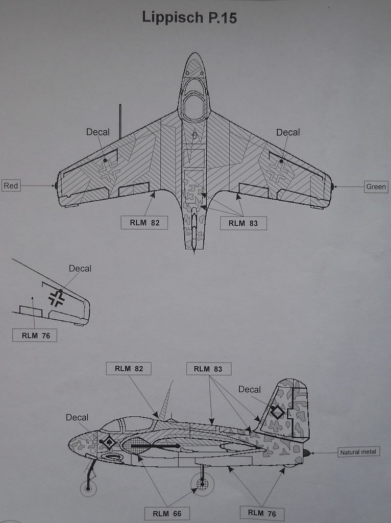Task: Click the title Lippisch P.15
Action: (x=189, y=18)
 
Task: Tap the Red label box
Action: (x=11, y=186)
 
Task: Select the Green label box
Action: (x=376, y=186)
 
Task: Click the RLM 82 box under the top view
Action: (x=144, y=223)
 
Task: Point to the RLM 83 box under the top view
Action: (x=243, y=223)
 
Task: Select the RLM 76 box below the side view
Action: (x=262, y=512)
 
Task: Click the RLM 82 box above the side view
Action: (x=129, y=368)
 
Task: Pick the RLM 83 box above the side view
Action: (x=208, y=368)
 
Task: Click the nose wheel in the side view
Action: (x=88, y=489)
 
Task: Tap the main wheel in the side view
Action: (x=202, y=483)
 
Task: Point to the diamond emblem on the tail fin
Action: (x=277, y=412)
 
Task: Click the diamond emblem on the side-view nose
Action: (x=109, y=442)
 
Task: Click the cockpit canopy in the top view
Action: (x=194, y=105)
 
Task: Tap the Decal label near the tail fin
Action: (x=249, y=390)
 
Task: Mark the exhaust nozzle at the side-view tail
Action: (x=306, y=453)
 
